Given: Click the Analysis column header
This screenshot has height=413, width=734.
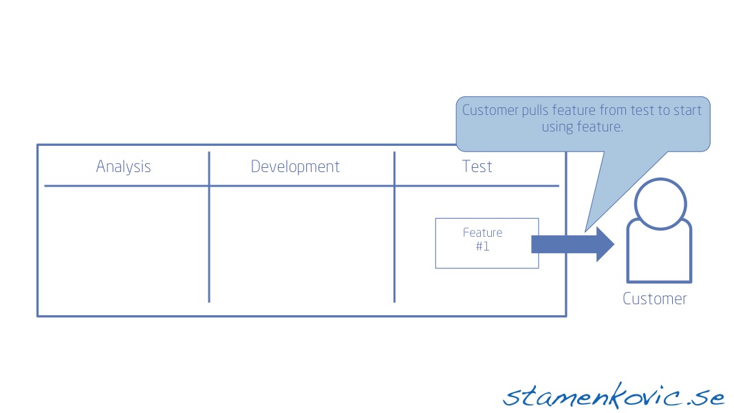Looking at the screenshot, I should click(123, 167).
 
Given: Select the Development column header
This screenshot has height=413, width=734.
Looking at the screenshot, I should click(295, 167).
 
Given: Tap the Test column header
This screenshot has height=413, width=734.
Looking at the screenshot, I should click(477, 167).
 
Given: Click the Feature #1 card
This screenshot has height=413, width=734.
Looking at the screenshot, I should click(486, 243).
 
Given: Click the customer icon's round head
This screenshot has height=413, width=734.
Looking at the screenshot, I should click(660, 204).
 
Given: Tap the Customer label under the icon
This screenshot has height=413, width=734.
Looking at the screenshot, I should click(654, 299).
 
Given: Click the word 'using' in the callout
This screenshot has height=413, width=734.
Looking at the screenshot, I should click(558, 127).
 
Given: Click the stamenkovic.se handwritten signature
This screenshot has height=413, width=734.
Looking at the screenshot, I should click(614, 395).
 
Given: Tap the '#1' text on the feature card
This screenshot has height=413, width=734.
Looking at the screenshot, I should click(482, 246).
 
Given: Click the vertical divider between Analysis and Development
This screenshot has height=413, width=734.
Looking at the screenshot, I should click(209, 227).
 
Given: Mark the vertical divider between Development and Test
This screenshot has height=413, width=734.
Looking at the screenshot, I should click(394, 227).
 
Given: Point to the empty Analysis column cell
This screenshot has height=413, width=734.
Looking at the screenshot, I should click(124, 244).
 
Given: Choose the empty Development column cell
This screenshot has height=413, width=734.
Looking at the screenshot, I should click(301, 244).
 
